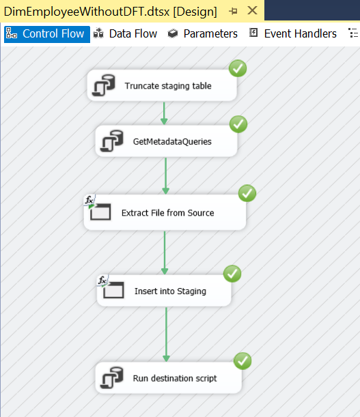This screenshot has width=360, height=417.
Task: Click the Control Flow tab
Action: coord(47,34)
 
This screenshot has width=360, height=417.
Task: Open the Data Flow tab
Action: coord(125,34)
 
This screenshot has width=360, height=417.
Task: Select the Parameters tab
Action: coord(203,34)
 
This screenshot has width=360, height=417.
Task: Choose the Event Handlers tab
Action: coord(293,34)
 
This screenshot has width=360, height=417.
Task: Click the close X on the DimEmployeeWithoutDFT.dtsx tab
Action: coord(252,11)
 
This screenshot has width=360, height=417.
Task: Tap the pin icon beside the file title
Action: coord(233,11)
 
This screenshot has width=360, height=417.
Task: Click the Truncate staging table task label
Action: coord(168,86)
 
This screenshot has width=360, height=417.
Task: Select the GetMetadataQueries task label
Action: coord(172,141)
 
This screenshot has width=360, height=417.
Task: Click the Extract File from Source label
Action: coord(168,213)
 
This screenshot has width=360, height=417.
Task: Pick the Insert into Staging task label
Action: coord(170,291)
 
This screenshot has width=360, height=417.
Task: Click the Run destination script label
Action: coord(175,378)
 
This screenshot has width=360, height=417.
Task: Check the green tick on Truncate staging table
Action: coord(238,68)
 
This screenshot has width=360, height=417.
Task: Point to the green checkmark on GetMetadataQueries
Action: coord(238,124)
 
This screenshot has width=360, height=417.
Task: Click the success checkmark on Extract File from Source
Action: coord(247,193)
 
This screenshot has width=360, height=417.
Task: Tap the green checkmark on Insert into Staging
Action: coord(232,274)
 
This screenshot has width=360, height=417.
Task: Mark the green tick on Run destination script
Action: coord(243,361)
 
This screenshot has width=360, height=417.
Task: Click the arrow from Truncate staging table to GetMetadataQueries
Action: coord(164,113)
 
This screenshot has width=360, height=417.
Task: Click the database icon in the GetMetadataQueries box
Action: coord(112,141)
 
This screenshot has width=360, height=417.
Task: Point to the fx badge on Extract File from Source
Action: coord(89,201)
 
